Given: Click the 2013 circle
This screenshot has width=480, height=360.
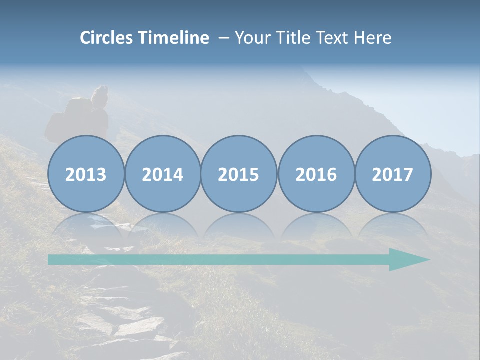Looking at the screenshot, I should (x=86, y=174).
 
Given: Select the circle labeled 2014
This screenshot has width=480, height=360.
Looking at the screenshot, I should (x=162, y=174).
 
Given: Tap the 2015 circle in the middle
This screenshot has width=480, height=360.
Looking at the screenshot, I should (x=239, y=174).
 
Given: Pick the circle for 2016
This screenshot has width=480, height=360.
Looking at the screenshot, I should (x=316, y=174).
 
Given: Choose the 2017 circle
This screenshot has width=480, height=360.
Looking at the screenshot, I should (x=393, y=174).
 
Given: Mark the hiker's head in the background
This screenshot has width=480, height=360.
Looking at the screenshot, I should (x=100, y=95).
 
